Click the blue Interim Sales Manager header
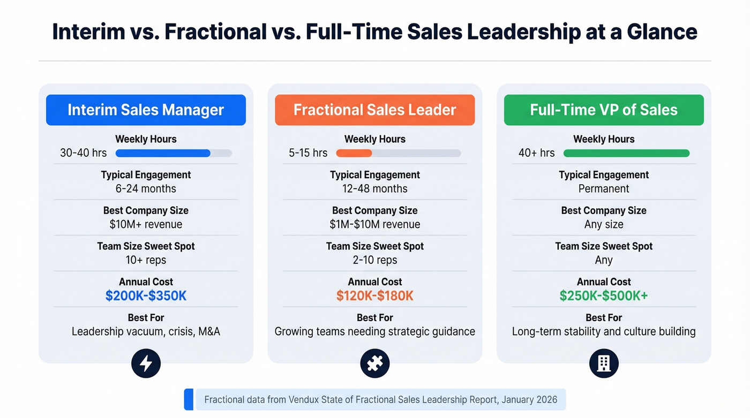pyautogui.click(x=146, y=110)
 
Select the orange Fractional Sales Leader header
pyautogui.click(x=374, y=110)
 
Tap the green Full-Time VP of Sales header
pyautogui.click(x=604, y=110)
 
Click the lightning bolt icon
pyautogui.click(x=146, y=364)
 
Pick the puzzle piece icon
pyautogui.click(x=374, y=364)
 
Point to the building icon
pyautogui.click(x=604, y=364)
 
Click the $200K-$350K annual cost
pyautogui.click(x=146, y=296)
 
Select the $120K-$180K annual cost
pyautogui.click(x=374, y=296)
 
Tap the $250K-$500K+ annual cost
pyautogui.click(x=604, y=296)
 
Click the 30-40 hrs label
pyautogui.click(x=84, y=153)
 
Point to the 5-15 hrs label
pyautogui.click(x=308, y=153)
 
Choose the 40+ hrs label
pyautogui.click(x=536, y=153)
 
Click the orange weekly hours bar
pyautogui.click(x=354, y=153)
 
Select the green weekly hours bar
pyautogui.click(x=626, y=153)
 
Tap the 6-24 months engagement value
pyautogui.click(x=146, y=189)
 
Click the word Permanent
pyautogui.click(x=604, y=189)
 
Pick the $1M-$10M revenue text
pyautogui.click(x=374, y=225)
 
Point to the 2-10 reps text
pyautogui.click(x=374, y=260)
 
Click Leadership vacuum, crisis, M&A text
pyautogui.click(x=146, y=332)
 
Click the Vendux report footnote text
pyautogui.click(x=380, y=400)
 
